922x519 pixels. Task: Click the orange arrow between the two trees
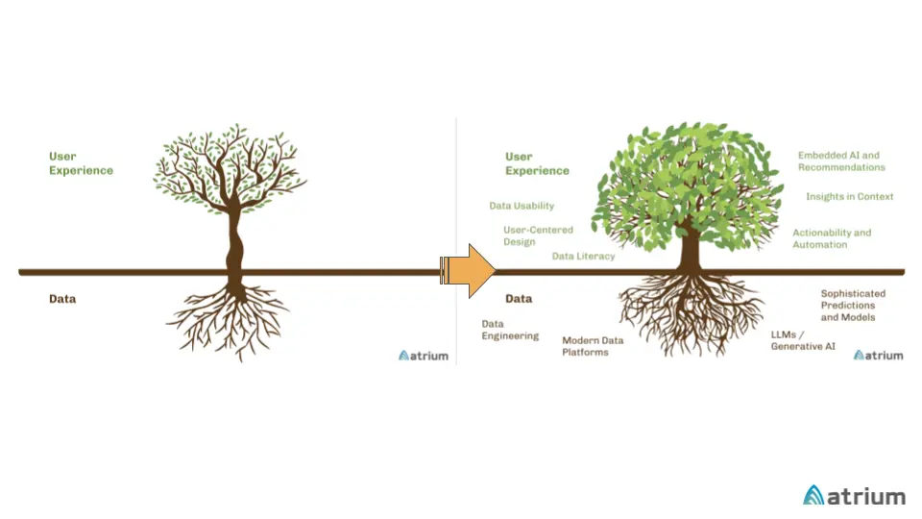click(469, 270)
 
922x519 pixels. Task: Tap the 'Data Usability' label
click(522, 206)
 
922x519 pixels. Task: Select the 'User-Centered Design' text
click(538, 235)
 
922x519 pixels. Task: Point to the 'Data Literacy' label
click(583, 257)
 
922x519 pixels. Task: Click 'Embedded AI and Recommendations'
click(841, 161)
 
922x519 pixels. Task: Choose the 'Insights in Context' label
click(850, 197)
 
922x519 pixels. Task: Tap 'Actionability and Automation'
click(832, 238)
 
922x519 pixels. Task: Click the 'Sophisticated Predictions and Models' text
click(853, 306)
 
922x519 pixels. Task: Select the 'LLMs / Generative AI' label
click(803, 340)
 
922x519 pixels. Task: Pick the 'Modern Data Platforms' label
click(593, 346)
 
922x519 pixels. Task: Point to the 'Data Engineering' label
click(510, 331)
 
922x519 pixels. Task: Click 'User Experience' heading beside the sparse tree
click(81, 163)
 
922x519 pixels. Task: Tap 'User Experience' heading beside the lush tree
click(537, 163)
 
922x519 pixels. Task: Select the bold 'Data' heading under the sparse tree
click(62, 299)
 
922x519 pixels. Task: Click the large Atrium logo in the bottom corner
click(854, 496)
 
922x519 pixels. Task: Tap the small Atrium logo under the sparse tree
click(424, 356)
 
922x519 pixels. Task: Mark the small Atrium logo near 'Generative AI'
click(879, 356)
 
